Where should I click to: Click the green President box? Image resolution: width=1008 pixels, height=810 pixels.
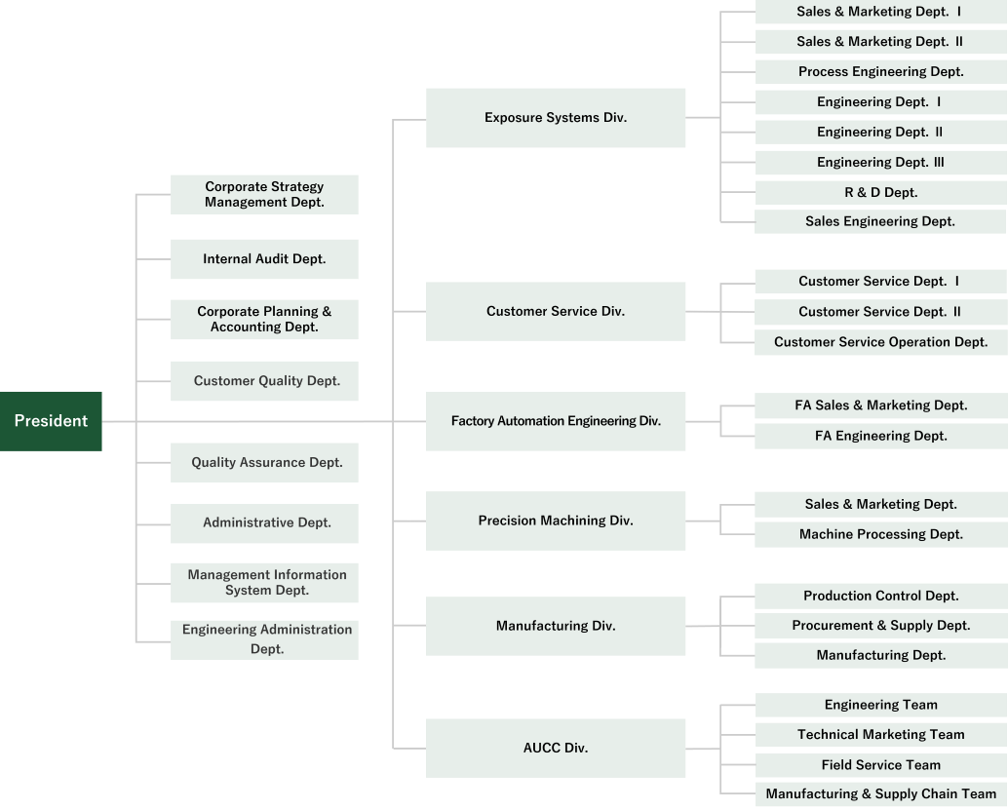(x=51, y=421)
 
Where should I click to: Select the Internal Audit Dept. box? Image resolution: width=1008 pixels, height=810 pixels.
(x=264, y=259)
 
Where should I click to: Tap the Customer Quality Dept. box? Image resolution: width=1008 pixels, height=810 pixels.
(x=264, y=381)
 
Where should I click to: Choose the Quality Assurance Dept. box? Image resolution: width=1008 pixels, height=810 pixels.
(x=264, y=462)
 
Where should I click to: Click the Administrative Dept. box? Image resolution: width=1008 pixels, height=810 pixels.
(x=264, y=522)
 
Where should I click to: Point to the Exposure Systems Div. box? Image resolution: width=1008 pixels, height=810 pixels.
(x=556, y=118)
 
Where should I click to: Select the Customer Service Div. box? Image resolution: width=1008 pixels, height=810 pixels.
(x=556, y=312)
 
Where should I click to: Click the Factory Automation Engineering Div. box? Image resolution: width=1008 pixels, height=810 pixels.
(x=556, y=421)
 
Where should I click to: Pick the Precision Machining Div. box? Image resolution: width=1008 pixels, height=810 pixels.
(x=556, y=521)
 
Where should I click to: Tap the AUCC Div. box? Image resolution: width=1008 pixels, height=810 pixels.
(x=556, y=749)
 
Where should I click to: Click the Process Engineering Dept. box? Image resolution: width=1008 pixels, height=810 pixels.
(x=880, y=71)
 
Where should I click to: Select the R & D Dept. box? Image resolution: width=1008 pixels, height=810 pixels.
(x=880, y=192)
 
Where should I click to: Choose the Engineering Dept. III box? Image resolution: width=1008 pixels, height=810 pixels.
(x=880, y=162)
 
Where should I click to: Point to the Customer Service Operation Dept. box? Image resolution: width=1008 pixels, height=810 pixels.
(x=880, y=342)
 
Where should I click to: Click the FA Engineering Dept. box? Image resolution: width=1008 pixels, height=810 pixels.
(x=880, y=436)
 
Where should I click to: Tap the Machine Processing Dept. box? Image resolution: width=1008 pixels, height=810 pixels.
(x=880, y=534)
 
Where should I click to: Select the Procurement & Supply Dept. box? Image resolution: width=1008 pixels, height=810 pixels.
(x=880, y=626)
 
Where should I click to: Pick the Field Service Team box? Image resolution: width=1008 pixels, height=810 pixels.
(x=880, y=765)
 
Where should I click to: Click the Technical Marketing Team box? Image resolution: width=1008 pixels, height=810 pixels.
(x=880, y=735)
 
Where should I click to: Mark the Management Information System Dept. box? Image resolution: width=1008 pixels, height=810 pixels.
(x=264, y=583)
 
